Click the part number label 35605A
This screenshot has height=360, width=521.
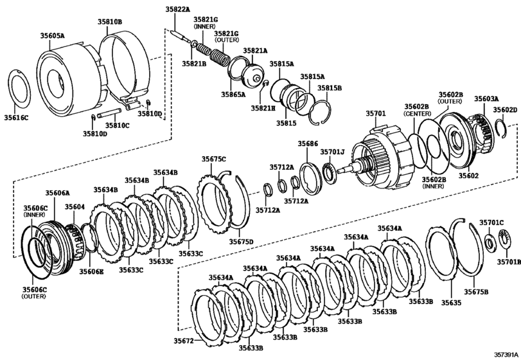pyautogui.click(x=53, y=37)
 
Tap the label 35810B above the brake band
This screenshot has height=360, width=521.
pyautogui.click(x=110, y=21)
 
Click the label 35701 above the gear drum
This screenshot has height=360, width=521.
pyautogui.click(x=376, y=114)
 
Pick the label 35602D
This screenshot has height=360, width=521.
pyautogui.click(x=505, y=110)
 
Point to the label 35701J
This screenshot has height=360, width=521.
pyautogui.click(x=333, y=152)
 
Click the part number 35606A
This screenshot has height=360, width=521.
pyautogui.click(x=57, y=192)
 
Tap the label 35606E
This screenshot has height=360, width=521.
pyautogui.click(x=91, y=272)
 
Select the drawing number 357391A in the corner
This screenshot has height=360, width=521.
pyautogui.click(x=506, y=354)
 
